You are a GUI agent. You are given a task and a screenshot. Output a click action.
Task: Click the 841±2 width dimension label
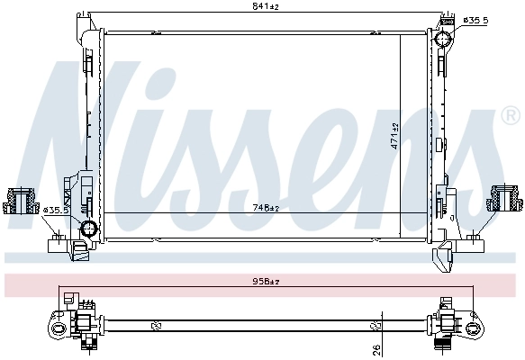[266, 6]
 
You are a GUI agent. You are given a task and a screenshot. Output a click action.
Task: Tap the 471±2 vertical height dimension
[395, 136]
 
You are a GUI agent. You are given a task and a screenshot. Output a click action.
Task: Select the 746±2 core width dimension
[266, 208]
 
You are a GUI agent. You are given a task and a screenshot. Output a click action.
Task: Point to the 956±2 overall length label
[266, 282]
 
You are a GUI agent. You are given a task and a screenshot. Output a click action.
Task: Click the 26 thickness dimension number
[376, 350]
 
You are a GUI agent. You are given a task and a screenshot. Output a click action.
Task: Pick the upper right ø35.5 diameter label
[475, 21]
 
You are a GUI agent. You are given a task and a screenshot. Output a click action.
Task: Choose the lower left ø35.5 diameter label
[56, 211]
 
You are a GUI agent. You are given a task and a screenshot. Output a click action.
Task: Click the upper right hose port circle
[443, 39]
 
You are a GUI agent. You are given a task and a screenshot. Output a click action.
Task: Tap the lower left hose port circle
[88, 229]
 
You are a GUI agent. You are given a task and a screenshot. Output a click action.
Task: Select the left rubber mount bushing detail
[19, 202]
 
